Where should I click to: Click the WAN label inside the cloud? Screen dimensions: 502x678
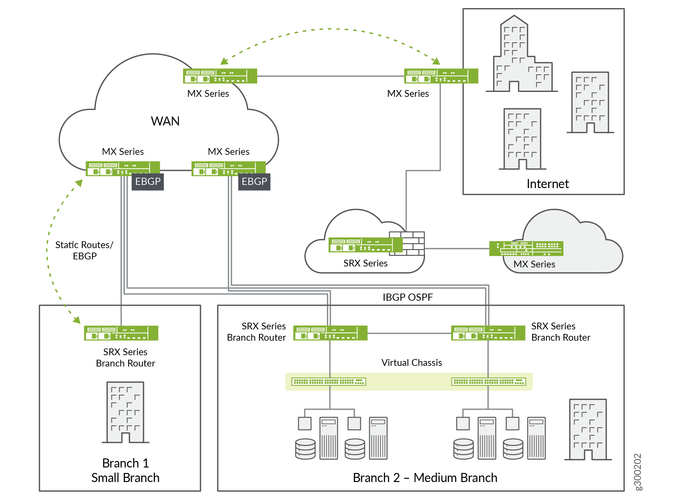165,121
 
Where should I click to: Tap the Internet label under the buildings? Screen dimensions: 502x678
547,184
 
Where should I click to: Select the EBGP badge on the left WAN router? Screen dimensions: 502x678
148,182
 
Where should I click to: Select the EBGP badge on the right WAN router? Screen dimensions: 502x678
254,182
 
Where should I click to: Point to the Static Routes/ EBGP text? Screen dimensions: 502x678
84,250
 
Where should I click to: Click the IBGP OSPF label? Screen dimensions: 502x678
408,297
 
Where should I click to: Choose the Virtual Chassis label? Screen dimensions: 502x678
411,363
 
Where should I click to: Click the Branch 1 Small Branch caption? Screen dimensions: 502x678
125,470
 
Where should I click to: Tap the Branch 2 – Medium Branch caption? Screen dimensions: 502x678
425,477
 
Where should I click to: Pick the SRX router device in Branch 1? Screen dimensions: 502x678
121,333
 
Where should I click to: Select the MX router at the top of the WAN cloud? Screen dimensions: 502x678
220,76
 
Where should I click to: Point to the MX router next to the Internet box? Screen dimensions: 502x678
441,76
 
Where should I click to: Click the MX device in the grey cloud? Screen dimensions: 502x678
526,248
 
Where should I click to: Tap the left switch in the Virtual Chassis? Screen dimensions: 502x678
329,382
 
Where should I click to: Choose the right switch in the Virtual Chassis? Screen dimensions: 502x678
488,382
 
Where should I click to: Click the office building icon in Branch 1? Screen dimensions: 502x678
125,412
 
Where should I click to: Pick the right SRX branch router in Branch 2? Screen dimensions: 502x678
488,333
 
